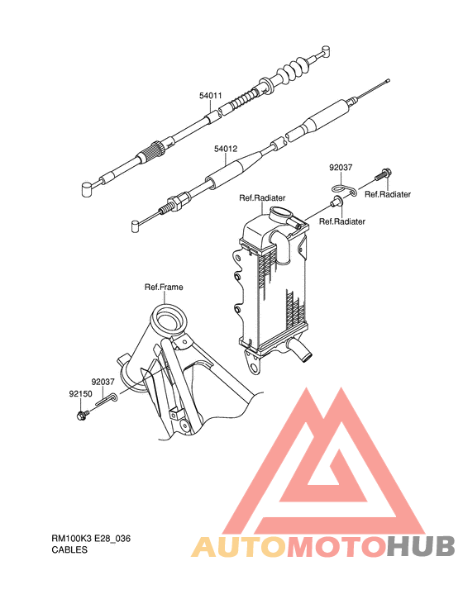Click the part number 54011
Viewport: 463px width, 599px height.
(x=210, y=96)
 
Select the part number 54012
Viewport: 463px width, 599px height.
(x=226, y=149)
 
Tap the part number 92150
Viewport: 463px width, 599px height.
(x=79, y=395)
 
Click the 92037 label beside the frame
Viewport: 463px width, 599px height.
(x=103, y=382)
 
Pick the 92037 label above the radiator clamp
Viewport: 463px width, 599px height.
(x=341, y=166)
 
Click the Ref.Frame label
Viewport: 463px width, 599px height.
(x=164, y=288)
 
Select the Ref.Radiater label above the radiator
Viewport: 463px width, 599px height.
(x=262, y=197)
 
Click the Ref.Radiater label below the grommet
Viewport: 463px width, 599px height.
(x=342, y=221)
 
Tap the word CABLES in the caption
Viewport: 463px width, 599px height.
(x=69, y=549)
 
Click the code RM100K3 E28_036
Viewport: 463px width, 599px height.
(x=91, y=538)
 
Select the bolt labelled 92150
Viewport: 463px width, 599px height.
(x=83, y=413)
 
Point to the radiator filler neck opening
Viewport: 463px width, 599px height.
(x=281, y=216)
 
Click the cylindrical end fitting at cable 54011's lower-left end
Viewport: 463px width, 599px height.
(x=86, y=189)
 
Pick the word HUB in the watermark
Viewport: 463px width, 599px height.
(x=422, y=546)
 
